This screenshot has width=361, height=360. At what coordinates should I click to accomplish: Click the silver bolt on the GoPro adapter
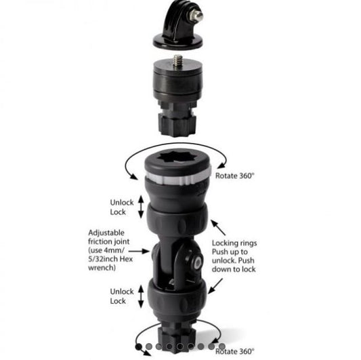click(x=196, y=16)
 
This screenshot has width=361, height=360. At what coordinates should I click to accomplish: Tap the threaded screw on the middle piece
click(x=178, y=61)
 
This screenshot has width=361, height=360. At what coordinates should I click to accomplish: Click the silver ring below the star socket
click(x=177, y=178)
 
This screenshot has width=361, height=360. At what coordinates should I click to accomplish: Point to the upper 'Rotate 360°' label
click(x=235, y=176)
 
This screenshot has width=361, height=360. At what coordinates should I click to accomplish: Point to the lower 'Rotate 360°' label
click(x=235, y=351)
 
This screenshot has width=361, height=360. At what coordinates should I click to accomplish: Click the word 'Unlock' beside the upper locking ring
click(x=122, y=202)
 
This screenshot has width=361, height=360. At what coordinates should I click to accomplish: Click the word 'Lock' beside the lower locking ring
click(x=118, y=301)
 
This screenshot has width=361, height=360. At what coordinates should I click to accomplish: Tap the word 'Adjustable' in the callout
click(x=106, y=233)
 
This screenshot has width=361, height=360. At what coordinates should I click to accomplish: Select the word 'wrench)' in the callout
click(x=102, y=268)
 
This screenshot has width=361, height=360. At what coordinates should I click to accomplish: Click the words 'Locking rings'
click(x=234, y=243)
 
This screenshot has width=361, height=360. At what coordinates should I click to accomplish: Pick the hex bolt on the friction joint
click(x=198, y=262)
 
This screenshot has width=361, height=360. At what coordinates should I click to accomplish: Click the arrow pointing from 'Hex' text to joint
click(x=139, y=251)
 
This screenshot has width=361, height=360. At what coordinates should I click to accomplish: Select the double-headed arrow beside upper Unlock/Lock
click(x=141, y=207)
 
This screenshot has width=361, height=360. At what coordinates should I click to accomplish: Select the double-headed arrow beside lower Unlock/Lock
click(x=141, y=296)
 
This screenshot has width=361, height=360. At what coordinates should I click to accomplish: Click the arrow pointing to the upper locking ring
click(x=218, y=227)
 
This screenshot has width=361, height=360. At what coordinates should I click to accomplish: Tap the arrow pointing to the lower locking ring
click(x=215, y=286)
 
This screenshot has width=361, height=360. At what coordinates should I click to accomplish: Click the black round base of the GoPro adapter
click(x=178, y=43)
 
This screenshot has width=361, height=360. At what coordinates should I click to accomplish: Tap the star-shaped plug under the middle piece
click(x=177, y=125)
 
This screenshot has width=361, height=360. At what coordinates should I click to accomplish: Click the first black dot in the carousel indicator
click(x=139, y=346)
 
